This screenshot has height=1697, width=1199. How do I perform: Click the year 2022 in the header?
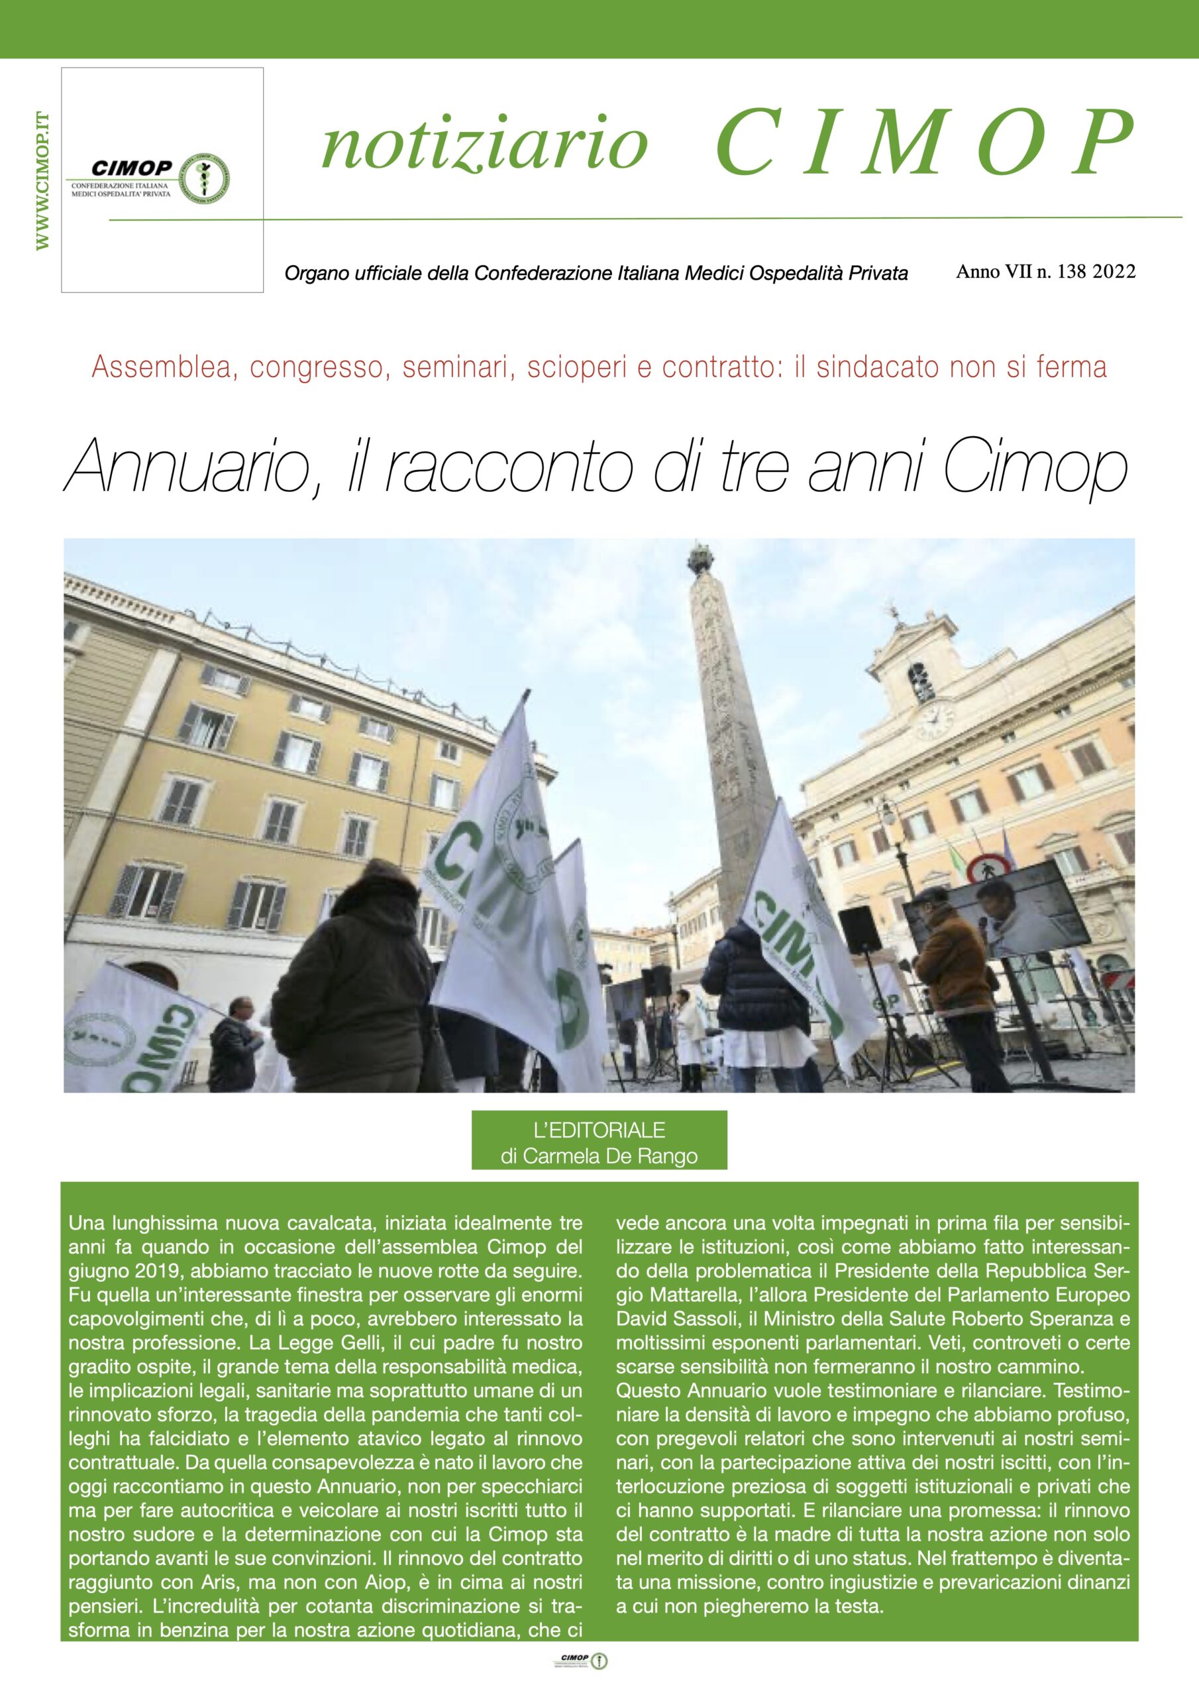1114,271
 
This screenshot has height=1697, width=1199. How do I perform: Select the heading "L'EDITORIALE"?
599,1130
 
